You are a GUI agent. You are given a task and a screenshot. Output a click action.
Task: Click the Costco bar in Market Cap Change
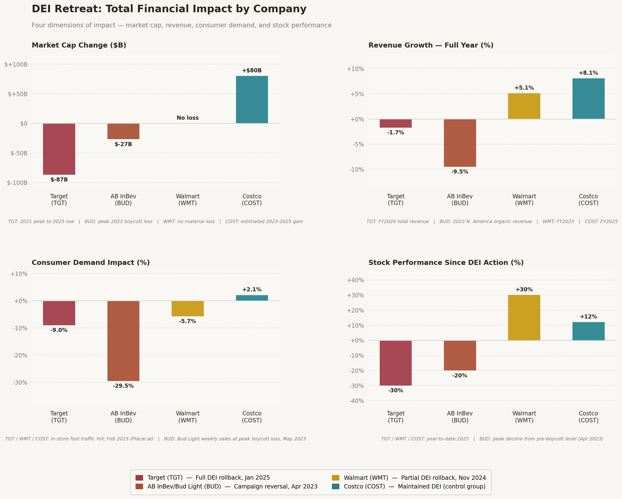252,100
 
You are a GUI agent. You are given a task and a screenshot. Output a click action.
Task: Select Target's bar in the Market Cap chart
59,149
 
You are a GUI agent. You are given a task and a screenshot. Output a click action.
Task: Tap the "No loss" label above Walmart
188,118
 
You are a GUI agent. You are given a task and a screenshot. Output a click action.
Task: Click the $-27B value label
123,144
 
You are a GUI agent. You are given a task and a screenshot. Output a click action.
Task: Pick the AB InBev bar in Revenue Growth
460,143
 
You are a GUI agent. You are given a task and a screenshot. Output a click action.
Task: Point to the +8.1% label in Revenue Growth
588,73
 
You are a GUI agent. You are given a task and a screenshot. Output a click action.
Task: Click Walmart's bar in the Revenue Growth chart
524,106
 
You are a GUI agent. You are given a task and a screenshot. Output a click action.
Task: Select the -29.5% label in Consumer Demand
123,386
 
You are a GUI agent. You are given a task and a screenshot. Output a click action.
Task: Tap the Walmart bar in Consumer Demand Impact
188,309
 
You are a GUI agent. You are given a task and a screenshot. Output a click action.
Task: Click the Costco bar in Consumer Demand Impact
252,298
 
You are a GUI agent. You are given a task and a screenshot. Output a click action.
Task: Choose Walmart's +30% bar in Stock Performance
524,318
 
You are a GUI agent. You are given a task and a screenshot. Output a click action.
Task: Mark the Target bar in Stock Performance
396,363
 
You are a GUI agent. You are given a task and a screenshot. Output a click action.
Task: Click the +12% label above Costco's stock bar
588,317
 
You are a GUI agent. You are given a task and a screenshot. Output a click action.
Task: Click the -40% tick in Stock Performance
357,401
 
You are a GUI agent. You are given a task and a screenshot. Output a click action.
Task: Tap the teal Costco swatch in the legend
336,486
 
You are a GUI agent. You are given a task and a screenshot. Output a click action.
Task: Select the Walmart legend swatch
336,478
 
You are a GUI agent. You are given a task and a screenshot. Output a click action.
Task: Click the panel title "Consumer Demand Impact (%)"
91,263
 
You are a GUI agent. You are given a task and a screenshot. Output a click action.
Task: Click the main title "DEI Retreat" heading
169,9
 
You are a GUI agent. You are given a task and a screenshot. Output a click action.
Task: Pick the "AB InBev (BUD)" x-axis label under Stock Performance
460,417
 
